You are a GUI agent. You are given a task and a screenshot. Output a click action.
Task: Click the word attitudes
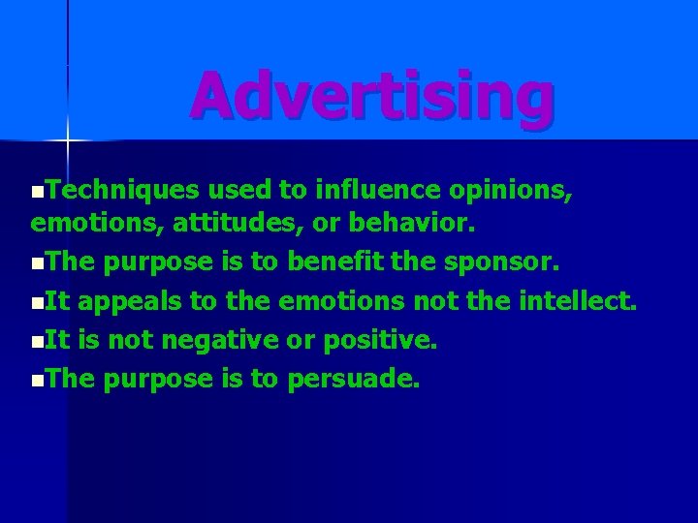[x=232, y=225]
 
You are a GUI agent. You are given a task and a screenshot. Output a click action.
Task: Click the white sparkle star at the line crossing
[x=67, y=141]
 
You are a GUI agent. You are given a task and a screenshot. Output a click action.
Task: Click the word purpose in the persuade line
[x=160, y=380]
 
